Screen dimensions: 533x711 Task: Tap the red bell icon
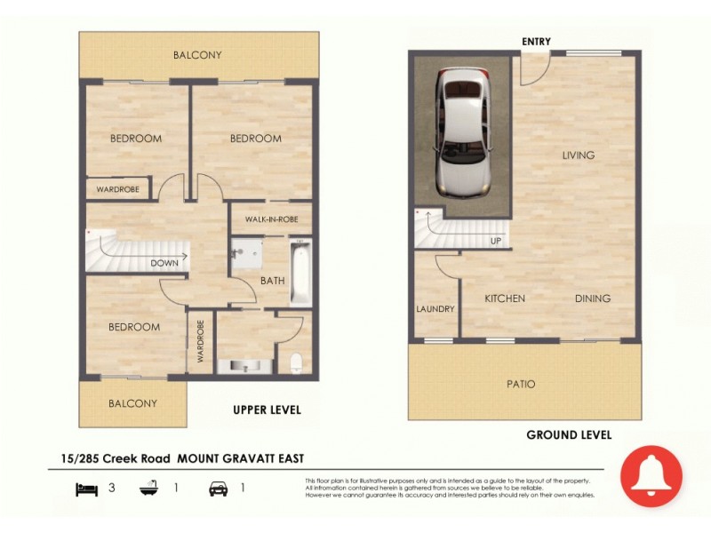[x=651, y=476]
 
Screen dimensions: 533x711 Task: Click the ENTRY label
[x=536, y=42]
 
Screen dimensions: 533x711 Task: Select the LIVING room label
[x=578, y=155]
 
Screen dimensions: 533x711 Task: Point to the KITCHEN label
[x=504, y=298]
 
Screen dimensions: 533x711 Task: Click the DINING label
[x=592, y=298]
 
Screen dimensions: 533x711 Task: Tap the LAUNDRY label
[x=435, y=309]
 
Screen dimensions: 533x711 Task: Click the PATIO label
[x=522, y=384]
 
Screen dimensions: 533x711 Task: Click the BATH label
[x=272, y=281]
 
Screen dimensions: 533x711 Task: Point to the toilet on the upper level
[x=296, y=362]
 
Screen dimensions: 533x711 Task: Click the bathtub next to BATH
[x=300, y=270]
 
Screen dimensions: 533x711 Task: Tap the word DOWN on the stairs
[x=164, y=263]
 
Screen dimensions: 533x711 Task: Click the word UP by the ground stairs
[x=495, y=241]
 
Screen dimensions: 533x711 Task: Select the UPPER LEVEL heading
[x=267, y=410]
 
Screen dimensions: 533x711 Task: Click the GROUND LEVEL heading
[x=569, y=435]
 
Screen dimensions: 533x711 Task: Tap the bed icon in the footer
[x=85, y=488]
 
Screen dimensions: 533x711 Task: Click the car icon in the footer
[x=218, y=488]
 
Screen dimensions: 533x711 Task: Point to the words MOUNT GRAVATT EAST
[x=241, y=458]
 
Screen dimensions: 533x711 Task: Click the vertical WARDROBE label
[x=201, y=341]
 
